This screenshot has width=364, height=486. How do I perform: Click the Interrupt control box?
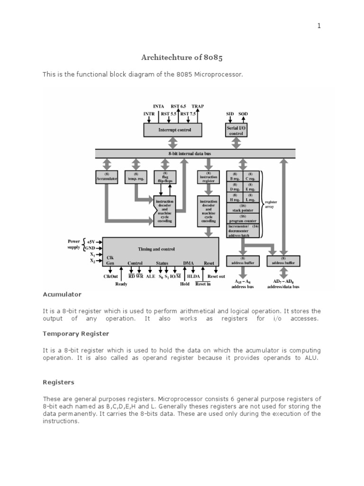click(173, 129)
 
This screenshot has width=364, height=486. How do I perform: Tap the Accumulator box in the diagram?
click(107, 177)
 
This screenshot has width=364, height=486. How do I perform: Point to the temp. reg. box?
click(136, 177)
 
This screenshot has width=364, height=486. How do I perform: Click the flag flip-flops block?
click(165, 178)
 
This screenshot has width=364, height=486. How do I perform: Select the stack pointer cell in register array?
click(243, 208)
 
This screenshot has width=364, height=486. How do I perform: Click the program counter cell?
click(243, 218)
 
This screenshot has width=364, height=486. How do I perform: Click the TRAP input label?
click(198, 107)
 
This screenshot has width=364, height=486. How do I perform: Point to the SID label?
click(230, 114)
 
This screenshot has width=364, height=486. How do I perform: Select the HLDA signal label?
click(193, 276)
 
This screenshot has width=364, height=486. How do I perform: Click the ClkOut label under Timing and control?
click(110, 276)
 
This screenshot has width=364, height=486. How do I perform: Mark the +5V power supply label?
click(90, 242)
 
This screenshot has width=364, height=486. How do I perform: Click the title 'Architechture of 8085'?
click(182, 57)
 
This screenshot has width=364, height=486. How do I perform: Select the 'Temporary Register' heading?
click(76, 334)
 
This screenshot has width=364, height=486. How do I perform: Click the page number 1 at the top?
click(319, 26)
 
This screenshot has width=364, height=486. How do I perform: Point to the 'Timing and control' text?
click(156, 249)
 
